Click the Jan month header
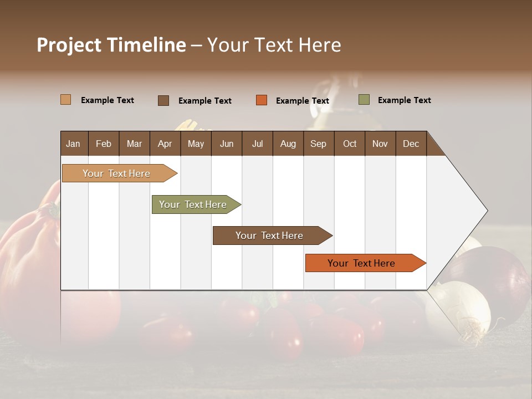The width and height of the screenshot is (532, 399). [x=73, y=144]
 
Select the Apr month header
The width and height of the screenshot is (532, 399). [x=165, y=144]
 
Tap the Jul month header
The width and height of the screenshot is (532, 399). [x=257, y=144]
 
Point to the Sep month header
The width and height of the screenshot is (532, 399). [x=318, y=144]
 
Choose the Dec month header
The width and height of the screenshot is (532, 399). [x=411, y=144]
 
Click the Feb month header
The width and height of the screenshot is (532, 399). [x=104, y=144]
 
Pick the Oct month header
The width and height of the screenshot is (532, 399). [x=350, y=144]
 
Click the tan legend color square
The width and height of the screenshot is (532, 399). [x=65, y=100]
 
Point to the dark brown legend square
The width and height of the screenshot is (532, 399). [x=163, y=100]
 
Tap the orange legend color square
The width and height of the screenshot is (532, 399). [x=262, y=100]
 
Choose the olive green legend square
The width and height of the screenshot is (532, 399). [x=364, y=100]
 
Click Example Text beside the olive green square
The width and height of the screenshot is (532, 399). [x=404, y=100]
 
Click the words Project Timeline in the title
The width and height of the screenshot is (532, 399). [x=111, y=45]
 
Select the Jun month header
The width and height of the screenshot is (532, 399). [x=227, y=144]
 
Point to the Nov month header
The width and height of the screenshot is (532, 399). [x=380, y=144]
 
